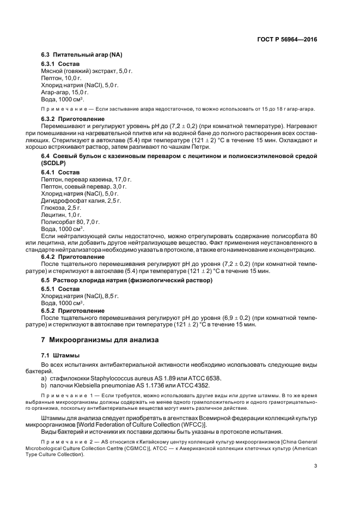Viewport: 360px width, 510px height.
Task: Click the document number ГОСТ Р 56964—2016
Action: (286, 39)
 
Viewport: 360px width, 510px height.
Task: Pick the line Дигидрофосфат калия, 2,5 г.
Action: (81, 201)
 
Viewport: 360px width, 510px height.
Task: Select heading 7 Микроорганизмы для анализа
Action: (100, 340)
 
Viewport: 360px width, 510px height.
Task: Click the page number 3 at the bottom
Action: (315, 465)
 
